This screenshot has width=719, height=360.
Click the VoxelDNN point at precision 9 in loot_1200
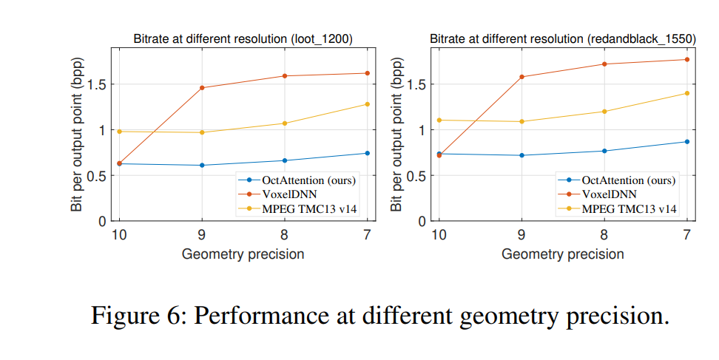coord(202,88)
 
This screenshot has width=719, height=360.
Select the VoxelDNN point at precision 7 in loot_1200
coord(367,73)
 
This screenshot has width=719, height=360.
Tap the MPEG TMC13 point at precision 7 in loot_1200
coord(367,104)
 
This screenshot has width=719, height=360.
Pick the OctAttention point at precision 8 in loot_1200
coord(285,160)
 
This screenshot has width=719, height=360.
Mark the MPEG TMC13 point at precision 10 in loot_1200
coord(119,132)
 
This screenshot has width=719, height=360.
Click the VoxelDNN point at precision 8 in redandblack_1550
coord(604,64)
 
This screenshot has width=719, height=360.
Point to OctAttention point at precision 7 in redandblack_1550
coord(686,142)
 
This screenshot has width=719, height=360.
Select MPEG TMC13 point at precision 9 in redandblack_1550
coord(521,121)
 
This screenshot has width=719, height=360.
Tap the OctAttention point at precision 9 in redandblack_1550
coord(521,155)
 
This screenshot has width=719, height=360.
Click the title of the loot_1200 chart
coord(243,38)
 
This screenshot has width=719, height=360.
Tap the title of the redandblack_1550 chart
coord(562,38)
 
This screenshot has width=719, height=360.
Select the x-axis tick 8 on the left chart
coord(285,236)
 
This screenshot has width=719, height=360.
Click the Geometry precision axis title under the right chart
coord(562,254)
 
